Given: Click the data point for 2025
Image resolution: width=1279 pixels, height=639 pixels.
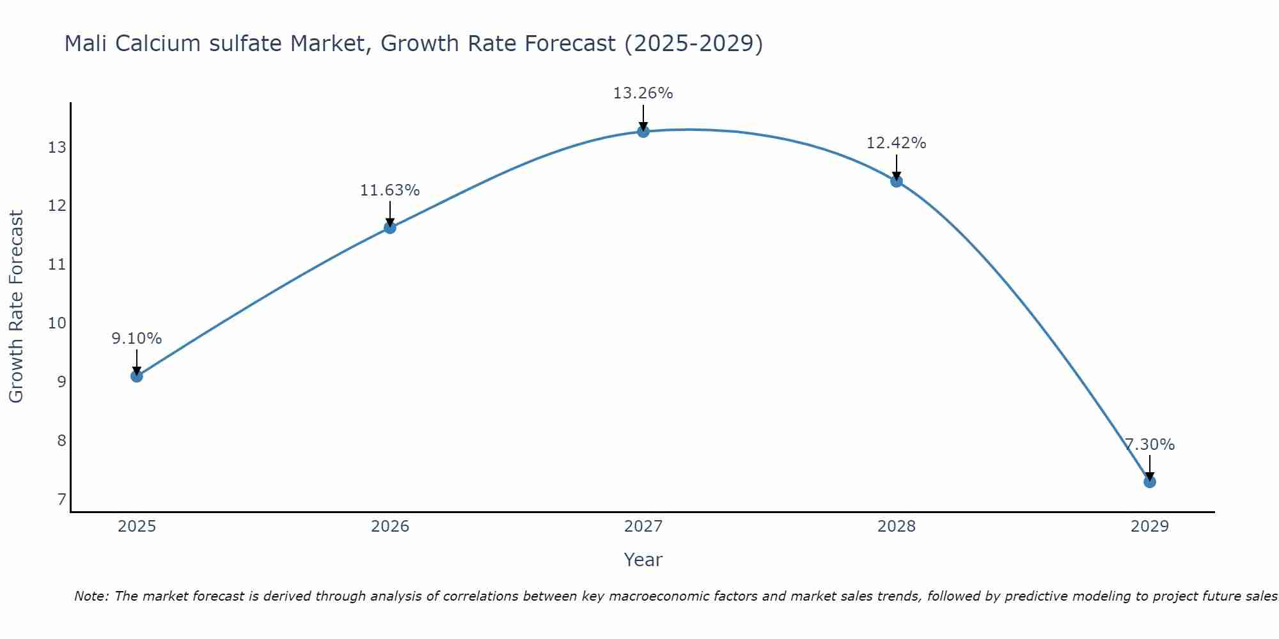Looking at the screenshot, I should (x=137, y=376).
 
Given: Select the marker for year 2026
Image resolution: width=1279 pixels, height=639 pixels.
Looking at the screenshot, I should (x=390, y=227).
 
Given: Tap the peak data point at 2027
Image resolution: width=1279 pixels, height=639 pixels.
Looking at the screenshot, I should (x=643, y=132).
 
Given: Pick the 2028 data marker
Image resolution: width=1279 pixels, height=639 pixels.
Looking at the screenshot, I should (x=897, y=181).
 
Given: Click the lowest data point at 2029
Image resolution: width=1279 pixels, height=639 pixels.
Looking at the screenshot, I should (x=1149, y=482).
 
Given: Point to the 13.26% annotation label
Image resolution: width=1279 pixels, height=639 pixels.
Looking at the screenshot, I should (x=643, y=93).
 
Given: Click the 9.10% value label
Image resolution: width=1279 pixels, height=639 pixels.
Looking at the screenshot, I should (x=137, y=339).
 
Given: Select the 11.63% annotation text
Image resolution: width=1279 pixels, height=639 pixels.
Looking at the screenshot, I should (x=389, y=190).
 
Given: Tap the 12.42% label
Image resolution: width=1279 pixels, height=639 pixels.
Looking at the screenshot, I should (x=896, y=143).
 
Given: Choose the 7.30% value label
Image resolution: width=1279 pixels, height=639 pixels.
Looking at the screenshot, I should (x=1149, y=445).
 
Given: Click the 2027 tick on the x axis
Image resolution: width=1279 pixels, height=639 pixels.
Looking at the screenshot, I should (x=643, y=527).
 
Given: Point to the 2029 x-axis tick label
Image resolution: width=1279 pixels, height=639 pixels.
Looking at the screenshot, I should (x=1149, y=527).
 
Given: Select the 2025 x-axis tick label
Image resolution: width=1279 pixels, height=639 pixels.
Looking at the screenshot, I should (x=137, y=527).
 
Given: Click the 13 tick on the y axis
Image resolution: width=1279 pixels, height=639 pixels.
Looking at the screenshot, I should (x=57, y=148).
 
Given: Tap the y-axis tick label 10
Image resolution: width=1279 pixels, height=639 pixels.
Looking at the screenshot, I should (x=57, y=323).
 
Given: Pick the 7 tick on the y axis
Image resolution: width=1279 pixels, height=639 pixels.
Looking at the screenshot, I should (x=61, y=499).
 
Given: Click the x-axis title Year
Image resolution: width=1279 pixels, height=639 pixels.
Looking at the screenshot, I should (x=643, y=560).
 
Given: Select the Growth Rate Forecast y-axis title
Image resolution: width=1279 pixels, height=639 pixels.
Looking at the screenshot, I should (x=17, y=307).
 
